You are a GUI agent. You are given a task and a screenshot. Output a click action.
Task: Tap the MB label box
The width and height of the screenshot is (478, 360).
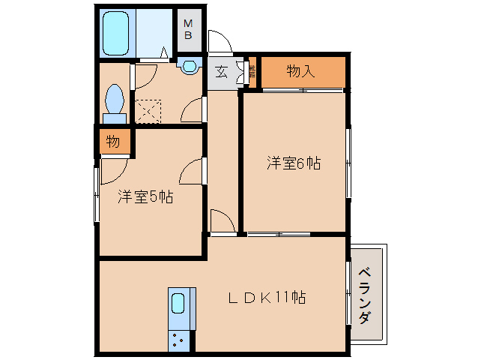(189, 31)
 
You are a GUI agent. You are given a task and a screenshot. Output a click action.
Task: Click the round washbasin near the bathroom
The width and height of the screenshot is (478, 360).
(189, 66)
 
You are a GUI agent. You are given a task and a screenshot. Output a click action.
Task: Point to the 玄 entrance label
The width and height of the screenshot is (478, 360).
(222, 72)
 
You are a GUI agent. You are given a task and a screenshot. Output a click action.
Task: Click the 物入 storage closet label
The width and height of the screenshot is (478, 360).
(300, 72)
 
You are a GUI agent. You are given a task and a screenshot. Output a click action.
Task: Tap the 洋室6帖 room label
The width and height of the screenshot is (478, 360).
(294, 163)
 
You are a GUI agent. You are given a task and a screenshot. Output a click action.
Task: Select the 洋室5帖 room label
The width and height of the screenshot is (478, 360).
(145, 197)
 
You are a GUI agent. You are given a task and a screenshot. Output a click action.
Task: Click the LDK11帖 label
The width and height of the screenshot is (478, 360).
(266, 297)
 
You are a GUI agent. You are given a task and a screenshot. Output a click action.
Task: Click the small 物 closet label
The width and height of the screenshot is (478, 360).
(112, 141)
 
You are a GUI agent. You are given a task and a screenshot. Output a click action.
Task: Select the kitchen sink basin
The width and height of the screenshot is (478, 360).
(178, 304)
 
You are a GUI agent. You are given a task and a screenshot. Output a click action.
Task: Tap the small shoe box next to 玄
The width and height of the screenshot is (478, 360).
(252, 72)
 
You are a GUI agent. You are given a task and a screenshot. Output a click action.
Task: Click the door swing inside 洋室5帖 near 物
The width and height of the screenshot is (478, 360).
(112, 171)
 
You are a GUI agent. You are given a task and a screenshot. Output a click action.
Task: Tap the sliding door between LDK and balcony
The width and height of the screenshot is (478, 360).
(348, 292)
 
